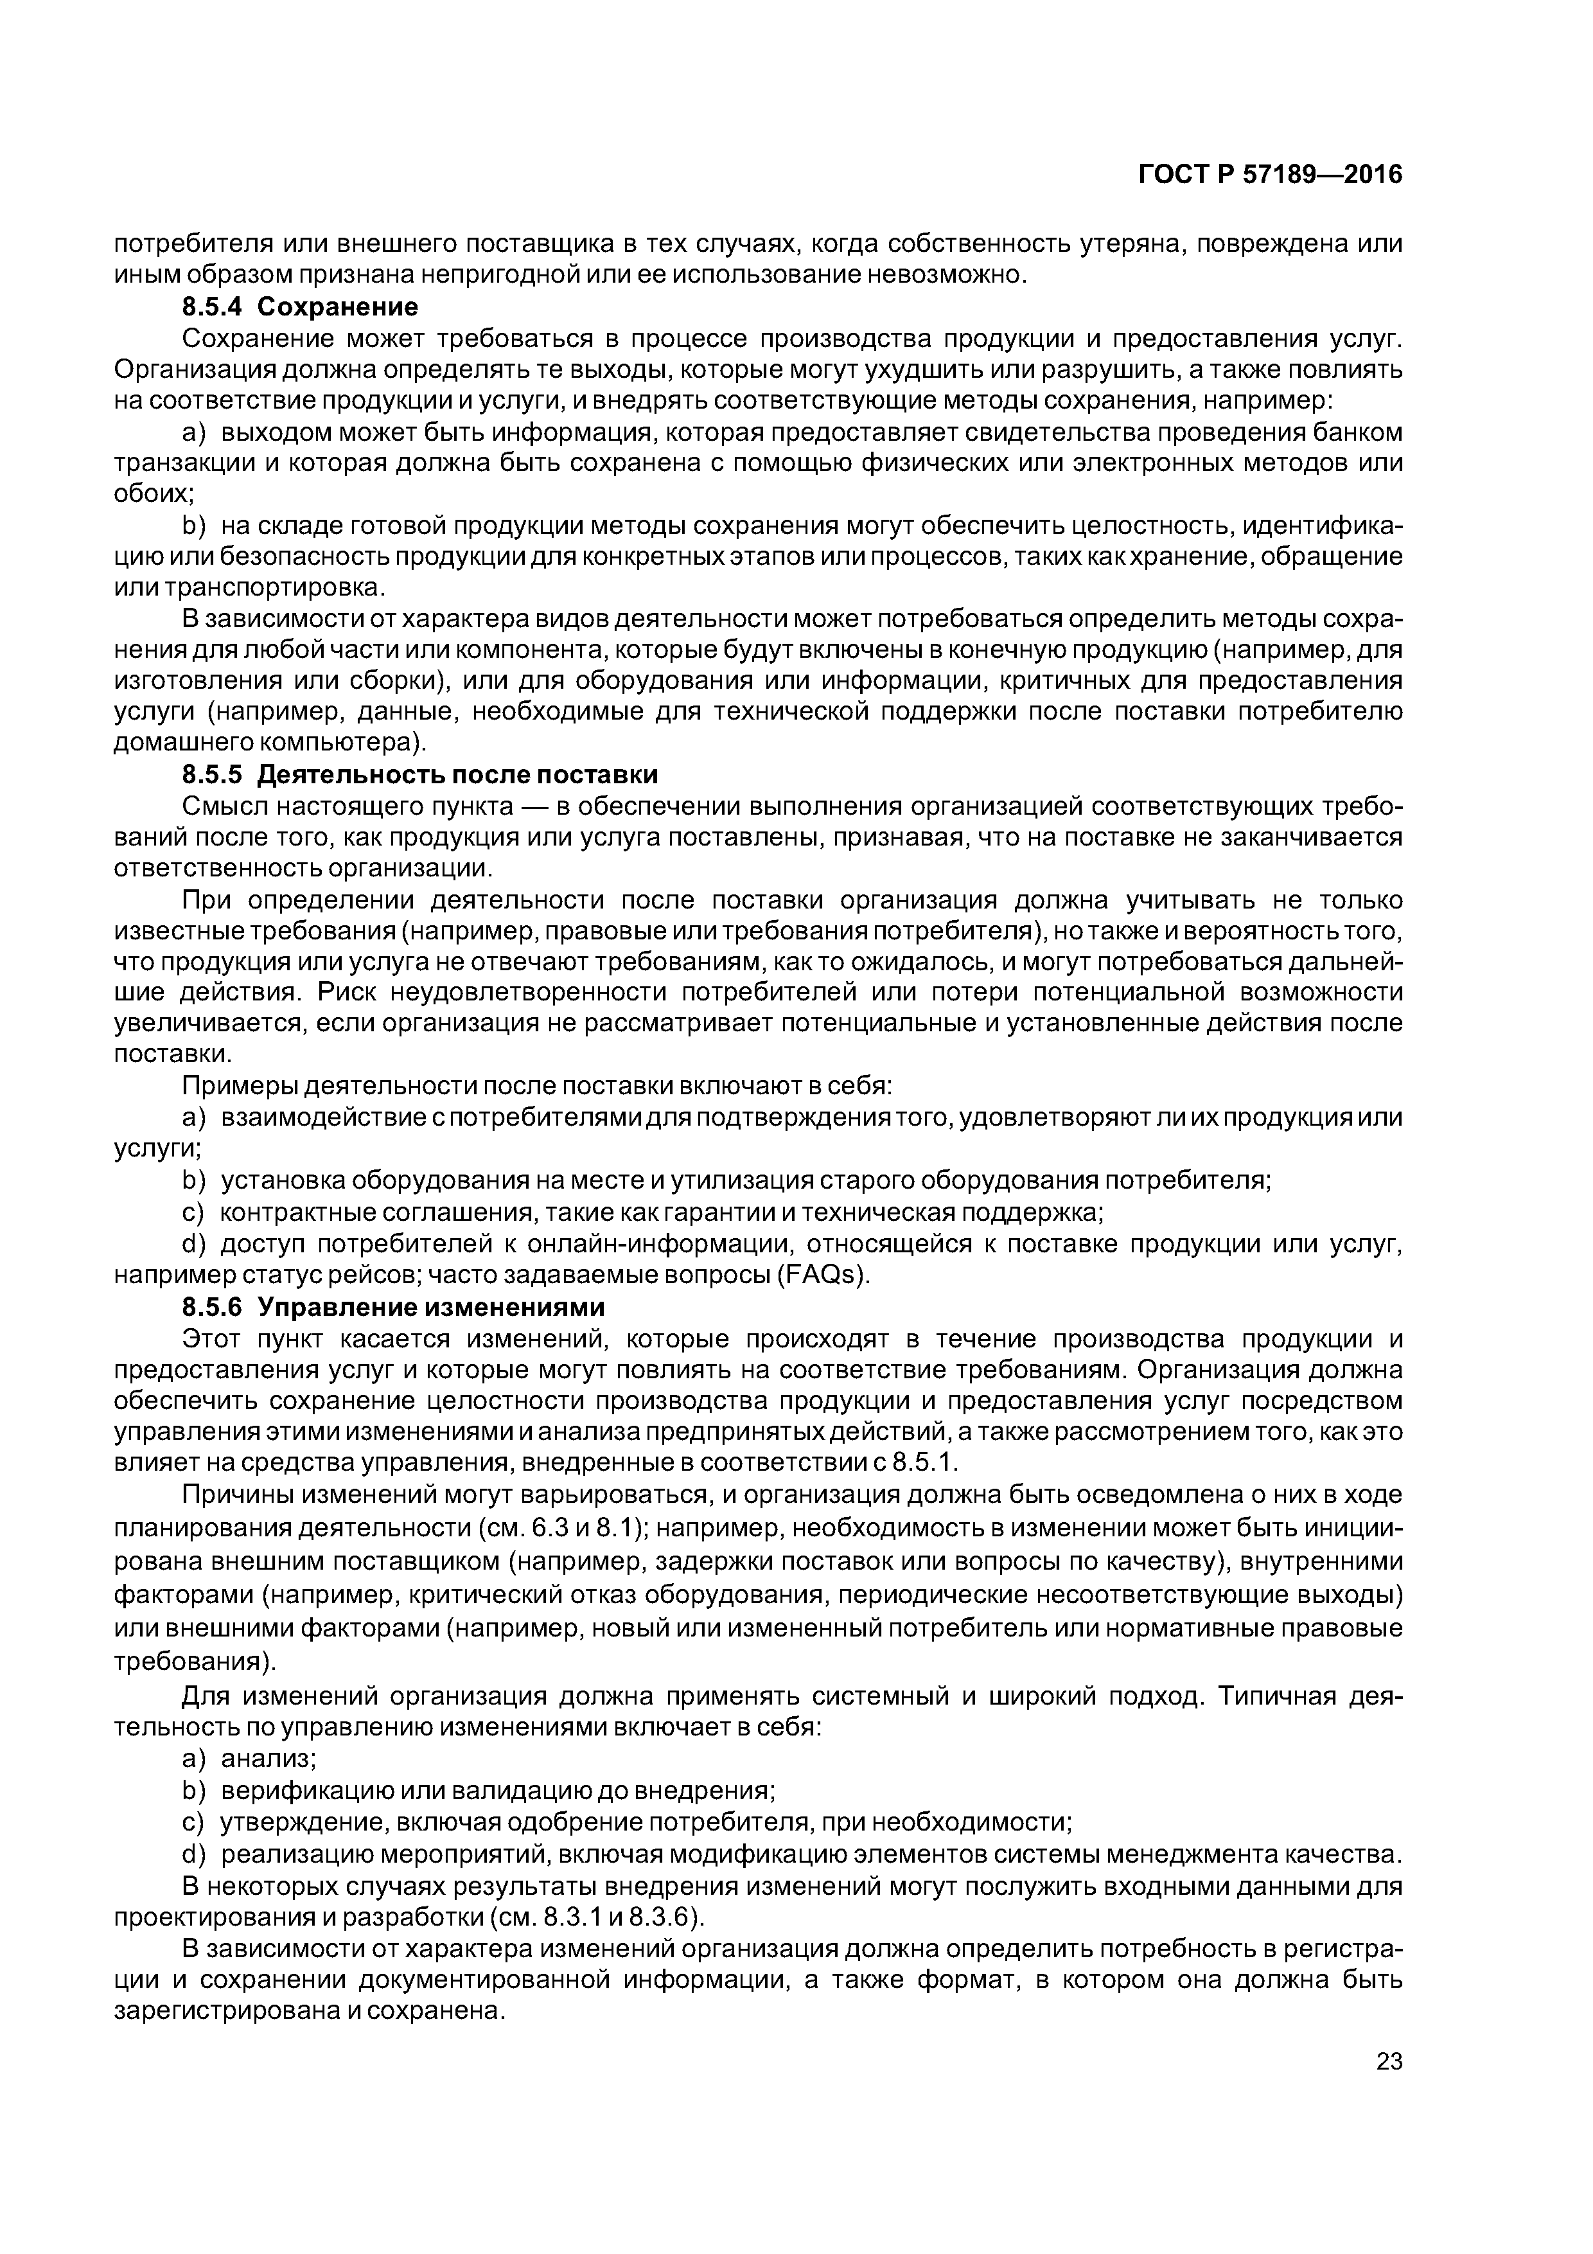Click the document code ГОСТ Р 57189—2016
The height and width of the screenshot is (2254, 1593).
[x=1269, y=175]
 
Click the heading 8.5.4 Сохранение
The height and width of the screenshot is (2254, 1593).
[x=301, y=307]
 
